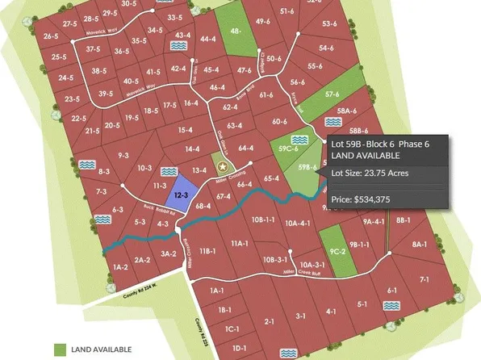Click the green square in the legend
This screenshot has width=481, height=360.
coord(61,350)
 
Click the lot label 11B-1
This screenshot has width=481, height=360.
coord(209,251)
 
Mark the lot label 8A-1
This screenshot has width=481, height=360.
coord(419,244)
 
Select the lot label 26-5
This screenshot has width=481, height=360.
coord(51,37)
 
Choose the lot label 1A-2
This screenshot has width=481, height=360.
coord(120,266)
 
